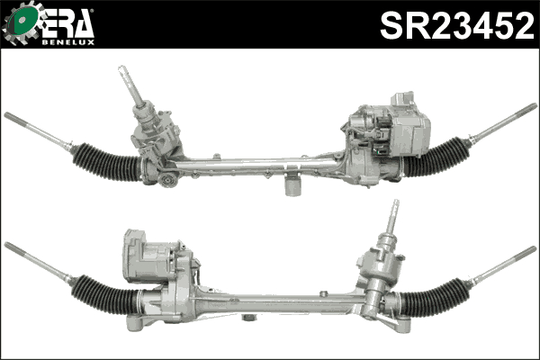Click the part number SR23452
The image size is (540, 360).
[x=457, y=25]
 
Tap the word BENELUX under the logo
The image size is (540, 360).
[x=68, y=42]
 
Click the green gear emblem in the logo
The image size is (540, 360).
[x=21, y=22]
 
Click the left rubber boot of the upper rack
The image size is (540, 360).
[x=106, y=162]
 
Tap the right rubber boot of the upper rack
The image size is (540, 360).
[x=436, y=157]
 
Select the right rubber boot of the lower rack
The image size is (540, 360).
[x=435, y=298]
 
